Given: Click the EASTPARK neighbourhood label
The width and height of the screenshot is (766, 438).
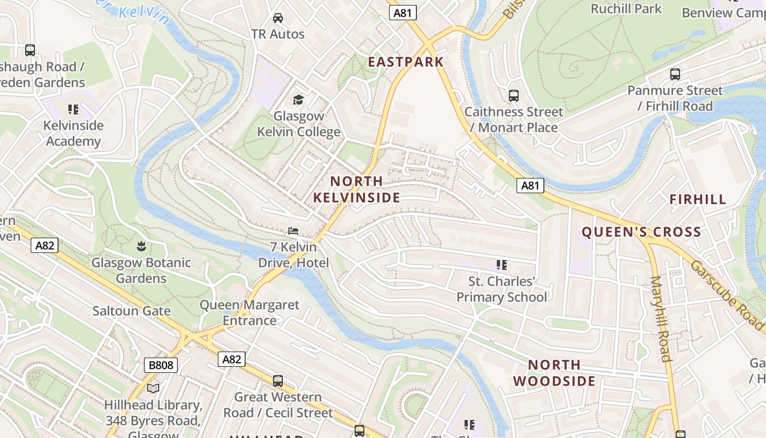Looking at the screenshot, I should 405,62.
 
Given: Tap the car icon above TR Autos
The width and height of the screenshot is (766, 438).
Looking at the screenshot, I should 278,18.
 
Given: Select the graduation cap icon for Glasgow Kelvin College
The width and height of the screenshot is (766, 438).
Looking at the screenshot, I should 298,100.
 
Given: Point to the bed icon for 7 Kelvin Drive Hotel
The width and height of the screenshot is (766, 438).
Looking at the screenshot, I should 293,232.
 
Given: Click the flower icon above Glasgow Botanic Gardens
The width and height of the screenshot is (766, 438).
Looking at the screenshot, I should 141,246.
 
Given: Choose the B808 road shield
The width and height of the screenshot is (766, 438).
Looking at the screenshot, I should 161,365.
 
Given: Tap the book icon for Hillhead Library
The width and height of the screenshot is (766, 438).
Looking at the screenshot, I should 153,389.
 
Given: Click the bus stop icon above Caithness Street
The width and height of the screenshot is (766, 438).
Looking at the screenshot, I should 514,96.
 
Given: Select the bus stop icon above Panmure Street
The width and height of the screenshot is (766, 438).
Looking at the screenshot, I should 675,74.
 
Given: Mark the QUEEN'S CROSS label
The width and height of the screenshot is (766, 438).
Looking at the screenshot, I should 641,232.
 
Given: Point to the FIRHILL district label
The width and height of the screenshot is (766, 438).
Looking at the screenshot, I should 698,200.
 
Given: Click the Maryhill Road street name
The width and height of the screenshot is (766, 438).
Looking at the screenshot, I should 660,319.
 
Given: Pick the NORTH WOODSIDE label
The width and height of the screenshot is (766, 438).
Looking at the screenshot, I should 554,373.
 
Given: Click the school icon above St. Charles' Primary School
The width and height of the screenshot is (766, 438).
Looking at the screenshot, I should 501,266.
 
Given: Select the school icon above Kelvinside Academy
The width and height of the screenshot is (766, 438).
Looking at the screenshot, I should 73,109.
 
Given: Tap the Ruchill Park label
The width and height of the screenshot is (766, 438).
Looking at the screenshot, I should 626,9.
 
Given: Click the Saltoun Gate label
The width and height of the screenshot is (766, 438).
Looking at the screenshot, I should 131,311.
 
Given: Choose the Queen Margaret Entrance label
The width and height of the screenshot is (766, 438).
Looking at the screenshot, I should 249,313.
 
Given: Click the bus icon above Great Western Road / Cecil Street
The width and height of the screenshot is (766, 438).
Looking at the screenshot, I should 278,381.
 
